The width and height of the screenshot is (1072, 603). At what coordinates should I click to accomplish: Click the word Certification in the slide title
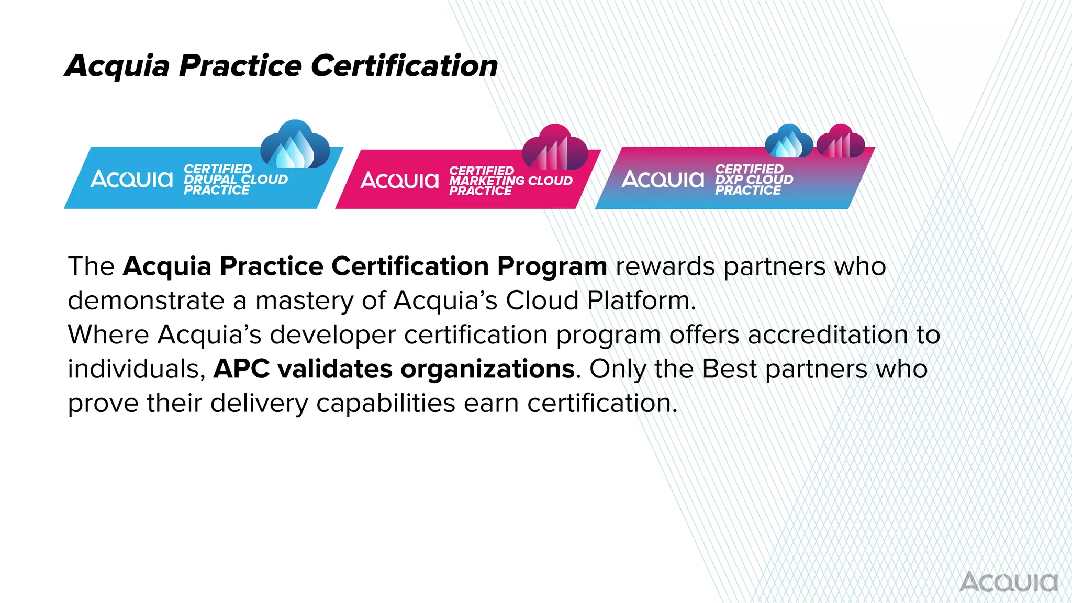(404, 66)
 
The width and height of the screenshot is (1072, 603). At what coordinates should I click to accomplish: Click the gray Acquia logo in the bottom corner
(1009, 582)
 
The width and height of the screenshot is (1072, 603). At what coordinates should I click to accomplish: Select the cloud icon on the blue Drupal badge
(295, 145)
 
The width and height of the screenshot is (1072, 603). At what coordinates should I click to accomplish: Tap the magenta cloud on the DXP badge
(841, 141)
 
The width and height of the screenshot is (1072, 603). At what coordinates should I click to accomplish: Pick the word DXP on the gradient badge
(729, 179)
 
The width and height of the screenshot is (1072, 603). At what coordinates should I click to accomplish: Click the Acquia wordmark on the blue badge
(131, 179)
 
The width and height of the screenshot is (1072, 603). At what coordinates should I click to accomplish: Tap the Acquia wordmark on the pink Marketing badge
(399, 181)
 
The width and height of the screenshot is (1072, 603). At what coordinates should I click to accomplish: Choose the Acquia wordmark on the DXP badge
(663, 179)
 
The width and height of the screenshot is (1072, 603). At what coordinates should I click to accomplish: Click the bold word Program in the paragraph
(552, 266)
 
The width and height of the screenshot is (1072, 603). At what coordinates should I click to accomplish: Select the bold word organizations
(488, 369)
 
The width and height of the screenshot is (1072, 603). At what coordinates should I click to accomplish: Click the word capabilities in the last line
(386, 404)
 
